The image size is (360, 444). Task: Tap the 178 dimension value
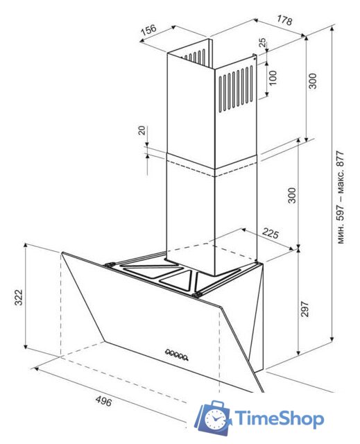284,20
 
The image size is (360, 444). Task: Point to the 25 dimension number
262,42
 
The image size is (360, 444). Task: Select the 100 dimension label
273,78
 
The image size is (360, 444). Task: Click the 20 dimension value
142,130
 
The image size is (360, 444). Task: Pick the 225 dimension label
271,233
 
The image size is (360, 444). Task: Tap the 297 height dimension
305,309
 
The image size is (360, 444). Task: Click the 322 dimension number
19,298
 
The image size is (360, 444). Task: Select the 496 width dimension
103,401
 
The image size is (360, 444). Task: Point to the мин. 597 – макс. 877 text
341,197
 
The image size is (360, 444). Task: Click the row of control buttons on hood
177,355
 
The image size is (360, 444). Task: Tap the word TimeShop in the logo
279,418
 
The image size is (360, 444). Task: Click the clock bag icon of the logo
213,418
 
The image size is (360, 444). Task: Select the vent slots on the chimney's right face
236,88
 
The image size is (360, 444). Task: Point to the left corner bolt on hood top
109,265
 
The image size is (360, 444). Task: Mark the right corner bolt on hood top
196,295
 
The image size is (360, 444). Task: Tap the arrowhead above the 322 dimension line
26,246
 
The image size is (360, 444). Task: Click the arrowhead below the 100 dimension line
266,94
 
